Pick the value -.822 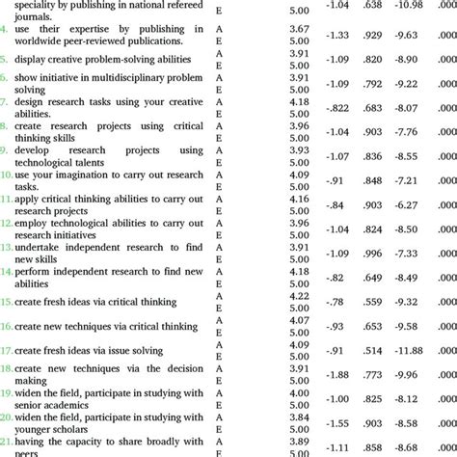[x=336, y=108]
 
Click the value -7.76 [x=407, y=132]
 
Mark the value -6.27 [x=407, y=205]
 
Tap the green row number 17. [x=7, y=351]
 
